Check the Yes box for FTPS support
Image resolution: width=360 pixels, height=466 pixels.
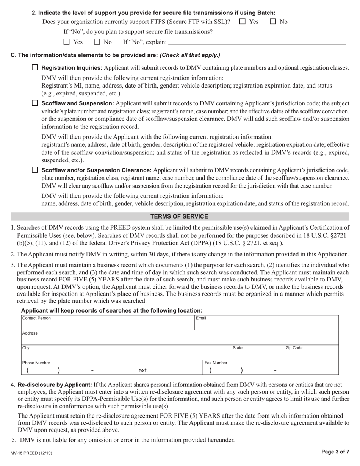243,22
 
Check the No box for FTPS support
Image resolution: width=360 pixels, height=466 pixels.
273,22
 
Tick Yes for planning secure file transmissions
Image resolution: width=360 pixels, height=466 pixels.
67,42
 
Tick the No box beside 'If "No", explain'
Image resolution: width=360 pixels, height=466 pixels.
97,42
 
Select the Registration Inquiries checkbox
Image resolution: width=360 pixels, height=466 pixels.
35,67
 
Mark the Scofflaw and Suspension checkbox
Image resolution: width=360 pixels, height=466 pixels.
35,103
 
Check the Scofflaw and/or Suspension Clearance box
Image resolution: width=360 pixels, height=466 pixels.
35,170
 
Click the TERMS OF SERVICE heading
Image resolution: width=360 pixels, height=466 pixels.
179,216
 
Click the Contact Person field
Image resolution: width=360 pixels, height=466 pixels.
108,323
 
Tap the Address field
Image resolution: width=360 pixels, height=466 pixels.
180,338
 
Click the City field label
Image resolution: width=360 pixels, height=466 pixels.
26,348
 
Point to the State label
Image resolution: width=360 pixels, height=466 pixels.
238,348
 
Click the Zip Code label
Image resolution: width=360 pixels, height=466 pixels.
294,348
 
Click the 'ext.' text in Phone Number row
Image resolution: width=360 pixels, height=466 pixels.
143,370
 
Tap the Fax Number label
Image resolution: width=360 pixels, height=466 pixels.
216,363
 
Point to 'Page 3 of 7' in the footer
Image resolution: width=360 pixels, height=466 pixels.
335,452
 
